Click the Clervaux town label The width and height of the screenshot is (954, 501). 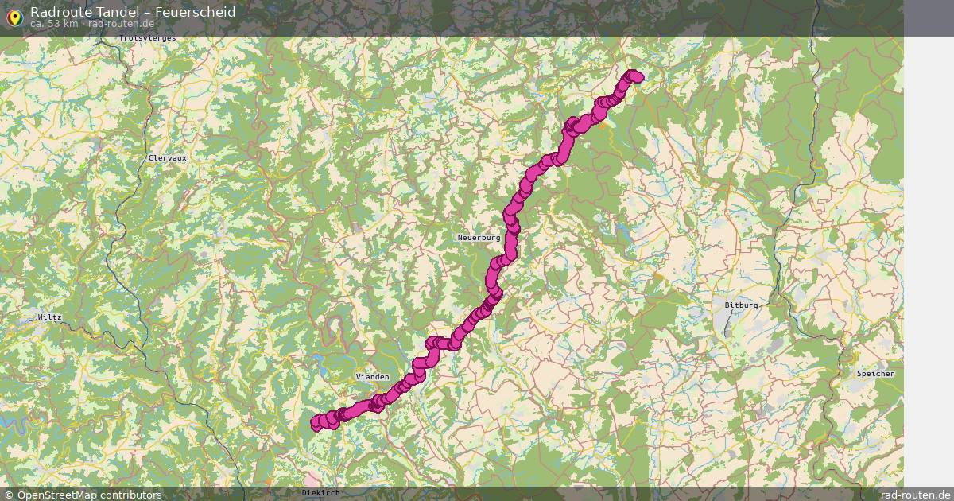click(x=167, y=158)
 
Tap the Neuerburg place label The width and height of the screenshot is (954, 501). click(x=479, y=238)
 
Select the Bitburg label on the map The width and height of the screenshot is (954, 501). click(x=741, y=305)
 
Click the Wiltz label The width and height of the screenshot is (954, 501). click(x=49, y=317)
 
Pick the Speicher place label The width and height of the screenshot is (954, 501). click(x=875, y=374)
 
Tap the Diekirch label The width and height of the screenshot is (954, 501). click(x=320, y=493)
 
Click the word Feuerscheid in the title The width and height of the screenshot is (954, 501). click(x=195, y=12)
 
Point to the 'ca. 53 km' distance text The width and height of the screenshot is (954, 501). click(x=54, y=24)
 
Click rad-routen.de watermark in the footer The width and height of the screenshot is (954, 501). click(x=915, y=495)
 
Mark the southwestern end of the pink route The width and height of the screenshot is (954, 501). click(x=316, y=423)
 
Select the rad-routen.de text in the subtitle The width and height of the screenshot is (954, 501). click(x=121, y=24)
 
